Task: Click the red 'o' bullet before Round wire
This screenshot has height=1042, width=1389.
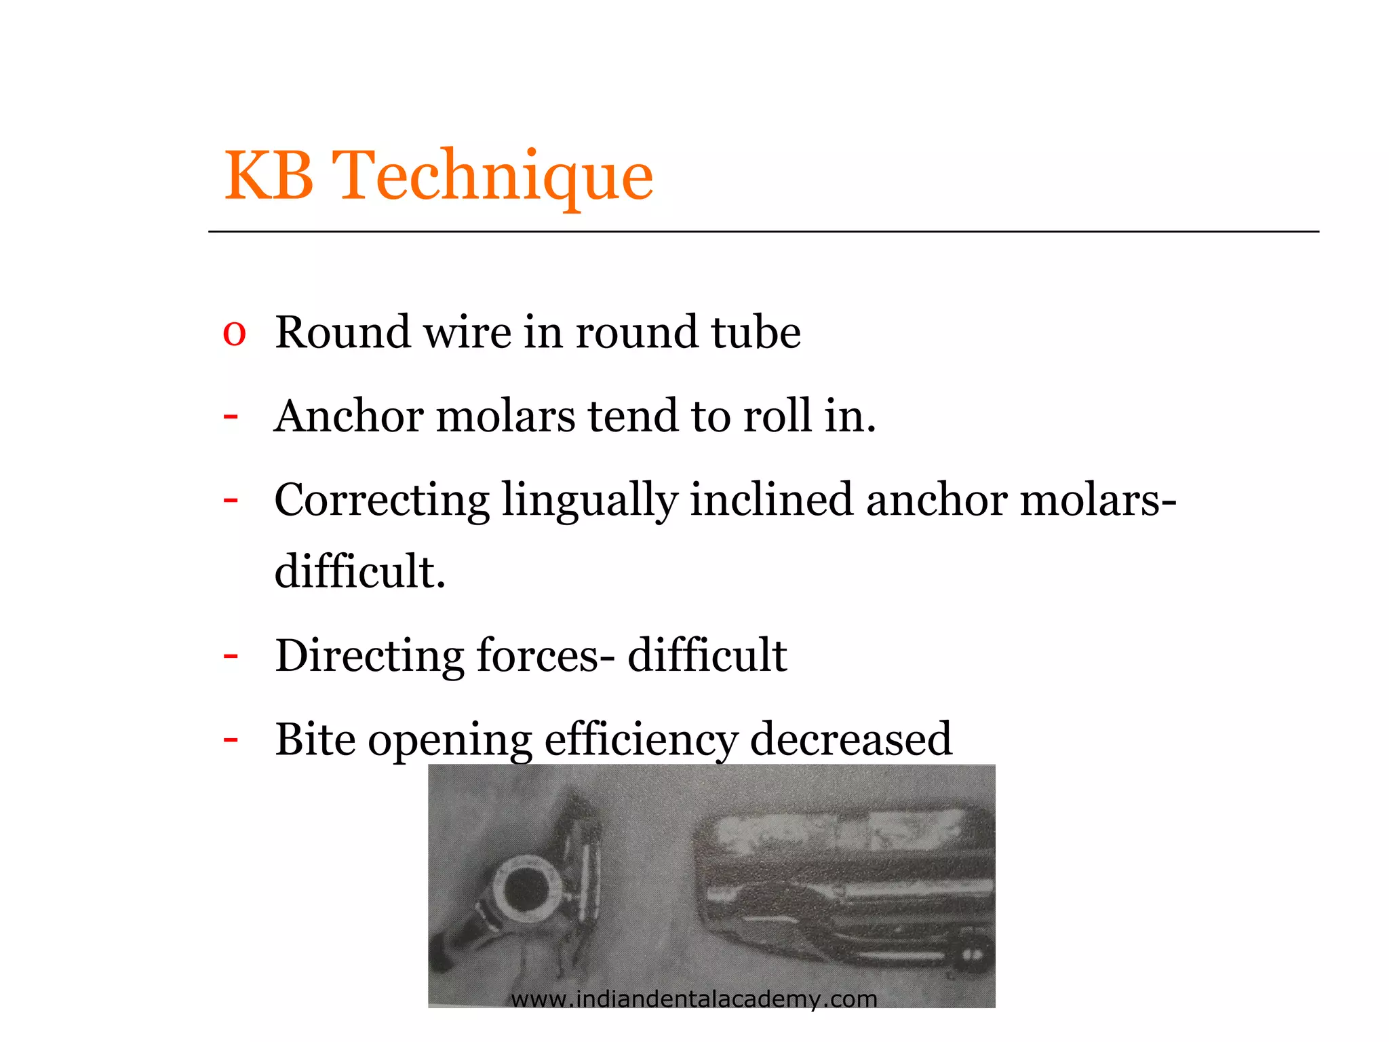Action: click(x=234, y=333)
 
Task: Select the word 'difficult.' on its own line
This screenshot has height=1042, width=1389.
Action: click(x=359, y=571)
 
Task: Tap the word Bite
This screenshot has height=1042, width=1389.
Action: click(x=315, y=739)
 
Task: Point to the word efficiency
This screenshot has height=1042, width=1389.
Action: click(x=641, y=739)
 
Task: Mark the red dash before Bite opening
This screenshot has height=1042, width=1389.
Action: click(x=231, y=739)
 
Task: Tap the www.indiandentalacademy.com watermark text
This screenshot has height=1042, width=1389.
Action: click(x=694, y=999)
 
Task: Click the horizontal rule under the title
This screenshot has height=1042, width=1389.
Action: click(x=763, y=232)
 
